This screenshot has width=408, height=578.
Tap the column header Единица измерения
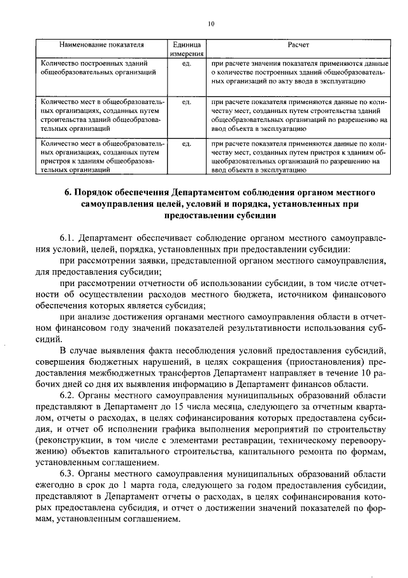click(x=186, y=50)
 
